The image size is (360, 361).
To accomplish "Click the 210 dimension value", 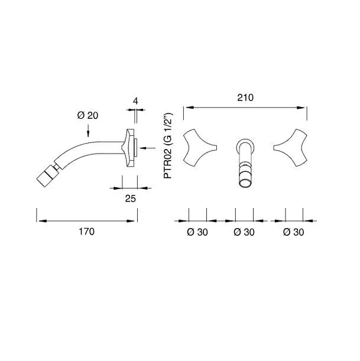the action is click(x=245, y=98).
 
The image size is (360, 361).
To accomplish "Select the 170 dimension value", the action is click(x=87, y=232).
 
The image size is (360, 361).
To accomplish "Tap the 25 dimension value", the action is click(x=131, y=199).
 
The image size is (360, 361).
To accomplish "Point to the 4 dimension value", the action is click(x=135, y=101).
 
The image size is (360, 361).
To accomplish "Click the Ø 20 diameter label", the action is click(x=87, y=115).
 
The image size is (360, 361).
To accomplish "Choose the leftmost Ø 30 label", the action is click(x=197, y=232).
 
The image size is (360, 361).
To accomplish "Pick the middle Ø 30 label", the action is click(x=244, y=232).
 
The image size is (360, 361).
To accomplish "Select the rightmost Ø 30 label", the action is click(x=293, y=232).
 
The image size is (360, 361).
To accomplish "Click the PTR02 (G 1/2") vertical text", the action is click(x=168, y=146).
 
